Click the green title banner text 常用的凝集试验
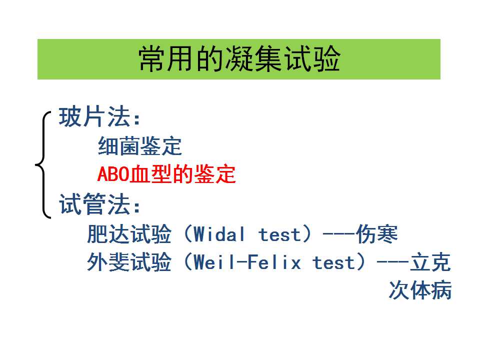239,59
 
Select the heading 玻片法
95,116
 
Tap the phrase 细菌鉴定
140,146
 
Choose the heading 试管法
95,204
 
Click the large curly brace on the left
43,165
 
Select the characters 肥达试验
129,234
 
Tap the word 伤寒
377,234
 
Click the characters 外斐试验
129,262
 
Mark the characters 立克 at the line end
430,262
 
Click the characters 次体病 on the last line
420,290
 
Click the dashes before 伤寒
339,235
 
